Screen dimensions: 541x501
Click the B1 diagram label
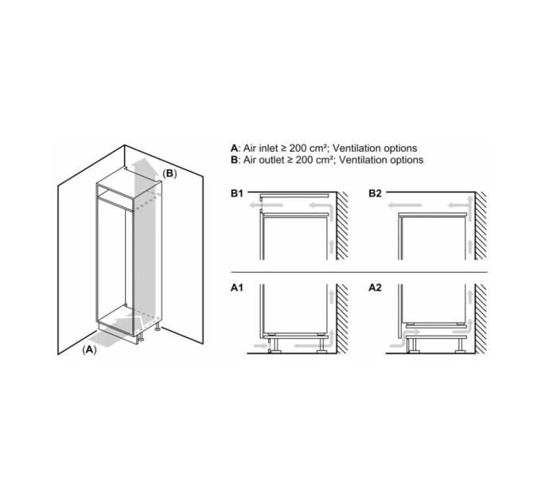click(237, 193)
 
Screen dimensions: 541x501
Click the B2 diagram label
click(375, 193)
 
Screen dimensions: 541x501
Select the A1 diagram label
click(237, 288)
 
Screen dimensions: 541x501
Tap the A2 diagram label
click(375, 288)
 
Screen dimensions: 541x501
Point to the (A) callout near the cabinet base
click(89, 350)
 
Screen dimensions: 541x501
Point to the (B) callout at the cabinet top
click(169, 173)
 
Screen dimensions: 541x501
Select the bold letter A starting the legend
click(234, 148)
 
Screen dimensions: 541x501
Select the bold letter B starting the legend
click(234, 160)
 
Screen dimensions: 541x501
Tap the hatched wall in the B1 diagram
click(342, 226)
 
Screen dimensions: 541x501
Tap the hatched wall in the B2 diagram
click(481, 226)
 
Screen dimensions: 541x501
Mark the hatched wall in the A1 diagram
click(342, 319)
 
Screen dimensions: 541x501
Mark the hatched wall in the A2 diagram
click(481, 319)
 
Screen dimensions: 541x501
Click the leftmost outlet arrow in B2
click(404, 205)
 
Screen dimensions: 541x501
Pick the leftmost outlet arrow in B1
click(266, 205)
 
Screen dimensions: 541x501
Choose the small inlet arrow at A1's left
click(260, 345)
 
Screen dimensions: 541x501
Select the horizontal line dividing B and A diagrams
click(359, 272)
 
